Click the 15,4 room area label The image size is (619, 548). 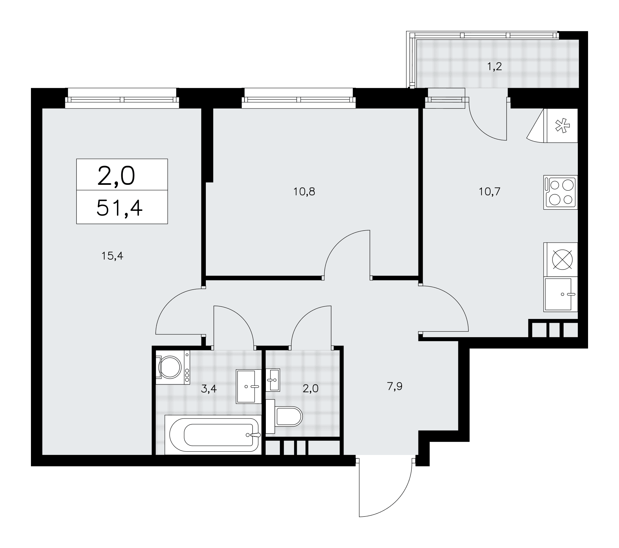112,256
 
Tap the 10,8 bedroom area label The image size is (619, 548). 304,192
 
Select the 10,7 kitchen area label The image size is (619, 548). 490,192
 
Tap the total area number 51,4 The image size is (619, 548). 119,208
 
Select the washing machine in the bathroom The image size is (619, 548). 173,367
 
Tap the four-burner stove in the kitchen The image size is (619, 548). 561,192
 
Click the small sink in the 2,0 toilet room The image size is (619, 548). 273,380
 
